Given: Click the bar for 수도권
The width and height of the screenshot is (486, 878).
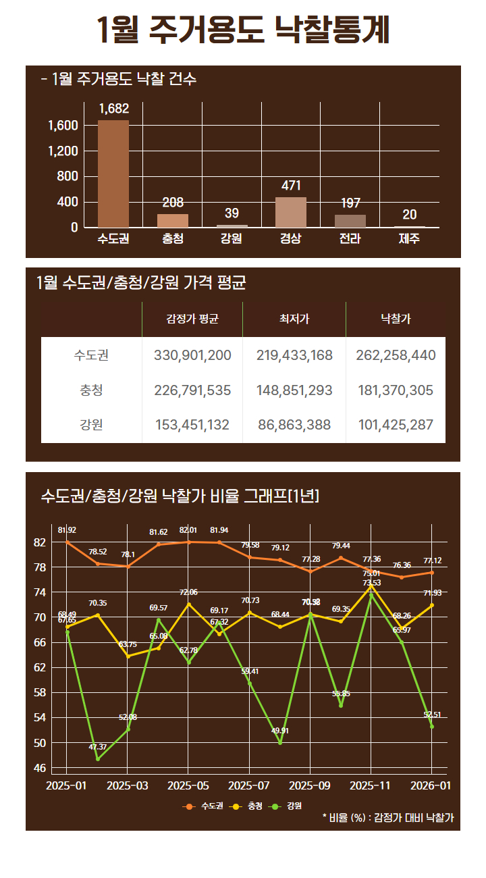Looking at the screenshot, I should click(113, 174).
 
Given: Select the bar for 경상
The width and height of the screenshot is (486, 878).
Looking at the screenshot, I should click(291, 212).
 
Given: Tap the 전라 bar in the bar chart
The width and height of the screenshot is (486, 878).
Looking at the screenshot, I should click(350, 221).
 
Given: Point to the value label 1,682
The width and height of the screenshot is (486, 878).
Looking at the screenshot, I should click(113, 109).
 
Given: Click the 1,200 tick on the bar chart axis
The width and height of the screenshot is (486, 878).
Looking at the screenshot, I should click(63, 151).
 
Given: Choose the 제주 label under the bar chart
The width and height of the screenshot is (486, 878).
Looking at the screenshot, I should click(409, 239).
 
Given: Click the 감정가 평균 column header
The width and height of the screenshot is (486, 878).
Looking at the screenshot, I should click(192, 319).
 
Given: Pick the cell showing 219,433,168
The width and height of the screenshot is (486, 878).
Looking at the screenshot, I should click(294, 355).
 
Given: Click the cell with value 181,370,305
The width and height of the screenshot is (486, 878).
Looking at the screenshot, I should click(396, 390).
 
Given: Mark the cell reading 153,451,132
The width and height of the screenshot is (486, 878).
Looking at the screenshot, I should click(192, 425).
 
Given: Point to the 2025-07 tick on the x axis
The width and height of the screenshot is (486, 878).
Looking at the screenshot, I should click(250, 786).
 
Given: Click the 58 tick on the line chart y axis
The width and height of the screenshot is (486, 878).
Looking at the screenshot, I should click(39, 692).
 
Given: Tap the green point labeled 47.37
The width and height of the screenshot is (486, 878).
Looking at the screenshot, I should click(97, 759).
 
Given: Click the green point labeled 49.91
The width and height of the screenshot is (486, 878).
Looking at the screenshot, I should click(280, 743).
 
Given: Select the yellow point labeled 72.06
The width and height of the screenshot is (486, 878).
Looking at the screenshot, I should click(189, 604).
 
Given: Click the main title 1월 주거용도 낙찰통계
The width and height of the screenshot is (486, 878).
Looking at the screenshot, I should click(243, 30).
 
